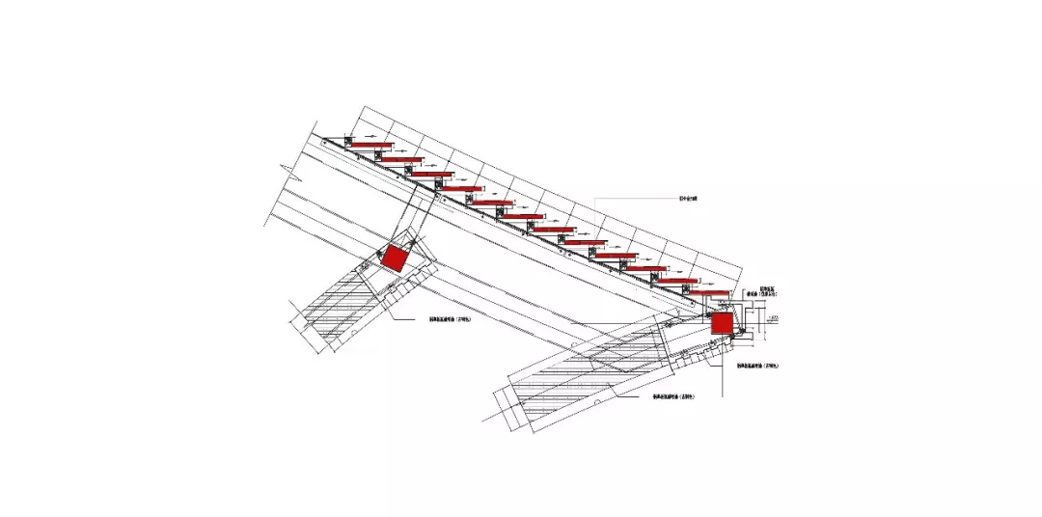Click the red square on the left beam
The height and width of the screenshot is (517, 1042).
coord(394,258)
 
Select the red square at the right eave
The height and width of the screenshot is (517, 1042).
coord(722,323)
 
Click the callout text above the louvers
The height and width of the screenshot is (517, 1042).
coord(688,200)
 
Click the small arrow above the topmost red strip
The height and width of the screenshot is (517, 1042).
coord(371,136)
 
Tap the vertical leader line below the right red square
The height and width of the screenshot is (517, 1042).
coord(721,371)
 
